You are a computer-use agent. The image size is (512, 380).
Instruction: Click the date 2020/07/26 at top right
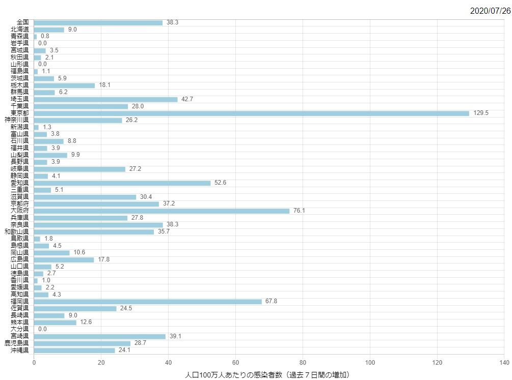pos(489,11)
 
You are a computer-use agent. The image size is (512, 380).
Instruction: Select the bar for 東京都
pos(251,113)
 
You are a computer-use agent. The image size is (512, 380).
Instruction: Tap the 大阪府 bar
pos(161,211)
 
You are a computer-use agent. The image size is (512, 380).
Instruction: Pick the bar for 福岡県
pos(148,301)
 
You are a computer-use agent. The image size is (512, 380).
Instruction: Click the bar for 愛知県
pos(122,183)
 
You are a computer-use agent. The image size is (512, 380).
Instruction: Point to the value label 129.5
pos(480,113)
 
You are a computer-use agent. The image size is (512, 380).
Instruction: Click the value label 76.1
pos(299,211)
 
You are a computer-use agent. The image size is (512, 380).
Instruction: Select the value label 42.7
pos(187,99)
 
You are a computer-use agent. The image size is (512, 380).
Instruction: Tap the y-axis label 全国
pos(22,22)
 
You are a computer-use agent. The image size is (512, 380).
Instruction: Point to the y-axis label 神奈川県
pos(17,120)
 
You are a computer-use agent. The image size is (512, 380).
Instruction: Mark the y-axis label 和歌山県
pos(17,231)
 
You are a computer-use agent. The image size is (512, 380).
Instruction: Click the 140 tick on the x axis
pos(504,363)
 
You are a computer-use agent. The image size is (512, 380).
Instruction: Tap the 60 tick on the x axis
pos(235,363)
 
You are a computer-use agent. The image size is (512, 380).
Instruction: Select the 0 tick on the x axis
pos(34,363)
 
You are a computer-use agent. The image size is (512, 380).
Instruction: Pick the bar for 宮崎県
pos(100,336)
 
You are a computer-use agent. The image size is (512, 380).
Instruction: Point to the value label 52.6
pos(220,183)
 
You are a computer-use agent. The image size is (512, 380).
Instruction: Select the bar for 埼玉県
pos(105,99)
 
